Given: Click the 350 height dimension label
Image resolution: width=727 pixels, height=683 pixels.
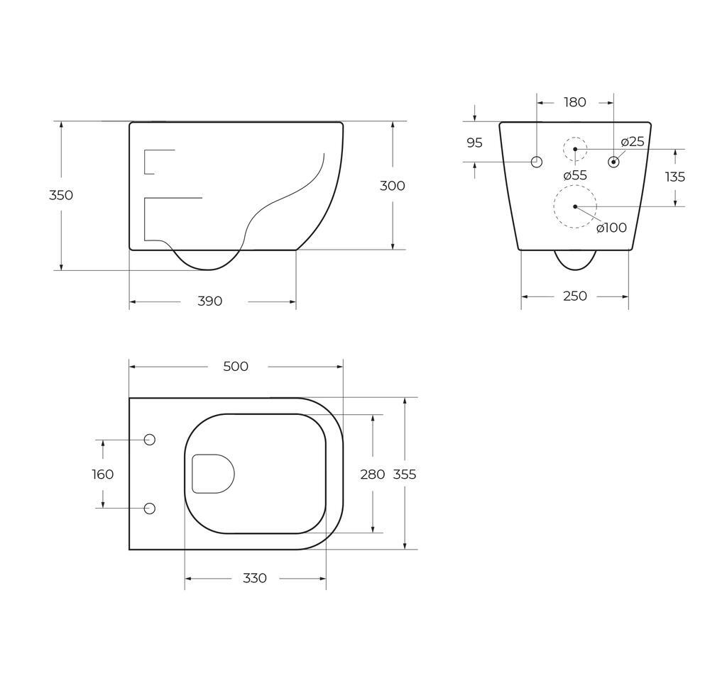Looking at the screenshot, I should pyautogui.click(x=61, y=195).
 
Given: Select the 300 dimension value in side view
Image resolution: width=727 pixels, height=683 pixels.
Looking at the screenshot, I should pyautogui.click(x=393, y=186).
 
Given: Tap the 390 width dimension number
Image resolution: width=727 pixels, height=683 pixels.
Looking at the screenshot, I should pyautogui.click(x=210, y=301).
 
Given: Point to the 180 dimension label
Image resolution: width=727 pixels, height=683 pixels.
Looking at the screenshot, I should pyautogui.click(x=575, y=102).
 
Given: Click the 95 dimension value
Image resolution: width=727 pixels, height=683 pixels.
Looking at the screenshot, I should pyautogui.click(x=474, y=143).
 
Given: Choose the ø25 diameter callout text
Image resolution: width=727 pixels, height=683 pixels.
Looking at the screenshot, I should pyautogui.click(x=633, y=142).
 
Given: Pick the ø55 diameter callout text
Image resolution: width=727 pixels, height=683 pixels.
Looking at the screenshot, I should pyautogui.click(x=575, y=174).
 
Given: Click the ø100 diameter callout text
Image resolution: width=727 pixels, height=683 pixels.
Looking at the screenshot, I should pyautogui.click(x=611, y=228).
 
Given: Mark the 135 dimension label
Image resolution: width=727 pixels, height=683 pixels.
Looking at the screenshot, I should pyautogui.click(x=675, y=177).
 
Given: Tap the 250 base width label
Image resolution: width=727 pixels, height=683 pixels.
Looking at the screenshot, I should pyautogui.click(x=575, y=296).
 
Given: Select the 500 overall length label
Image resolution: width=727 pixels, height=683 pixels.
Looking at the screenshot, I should pyautogui.click(x=236, y=367).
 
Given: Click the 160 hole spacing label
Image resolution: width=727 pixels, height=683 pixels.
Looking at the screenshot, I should pyautogui.click(x=103, y=474).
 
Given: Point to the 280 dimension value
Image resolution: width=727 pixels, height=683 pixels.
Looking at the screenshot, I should pyautogui.click(x=373, y=474).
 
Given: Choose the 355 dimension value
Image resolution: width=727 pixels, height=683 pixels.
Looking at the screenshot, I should pyautogui.click(x=405, y=474).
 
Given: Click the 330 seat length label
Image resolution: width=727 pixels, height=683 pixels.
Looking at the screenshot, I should pyautogui.click(x=255, y=579).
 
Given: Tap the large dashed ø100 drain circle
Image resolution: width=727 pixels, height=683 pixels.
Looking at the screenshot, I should pyautogui.click(x=575, y=206).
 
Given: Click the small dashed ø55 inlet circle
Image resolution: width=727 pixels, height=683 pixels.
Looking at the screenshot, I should pyautogui.click(x=575, y=149).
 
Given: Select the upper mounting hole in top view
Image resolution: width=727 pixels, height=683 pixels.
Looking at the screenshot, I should pyautogui.click(x=150, y=440).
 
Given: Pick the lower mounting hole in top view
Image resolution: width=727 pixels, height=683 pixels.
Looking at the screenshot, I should pyautogui.click(x=150, y=509).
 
